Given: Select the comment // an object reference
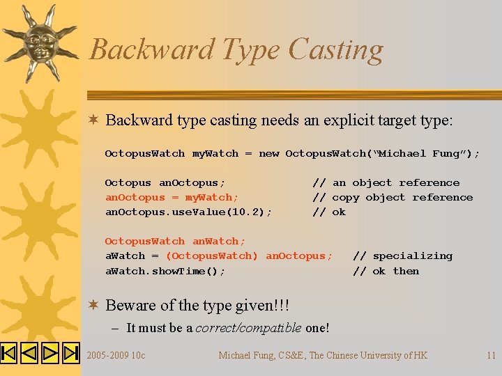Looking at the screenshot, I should (x=386, y=182).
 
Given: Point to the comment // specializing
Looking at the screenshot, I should (x=402, y=256).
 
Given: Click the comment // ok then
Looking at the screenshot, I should (x=386, y=271).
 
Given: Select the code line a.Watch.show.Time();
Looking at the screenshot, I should (x=165, y=271).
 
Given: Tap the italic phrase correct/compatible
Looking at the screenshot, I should (x=248, y=328).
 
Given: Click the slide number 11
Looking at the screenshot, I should (x=491, y=355).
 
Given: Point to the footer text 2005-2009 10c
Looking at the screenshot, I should (x=116, y=355).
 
